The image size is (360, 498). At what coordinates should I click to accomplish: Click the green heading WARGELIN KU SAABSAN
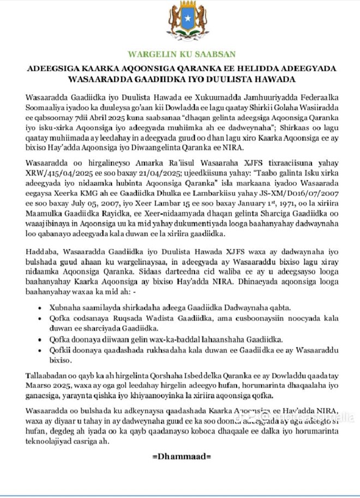182,54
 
